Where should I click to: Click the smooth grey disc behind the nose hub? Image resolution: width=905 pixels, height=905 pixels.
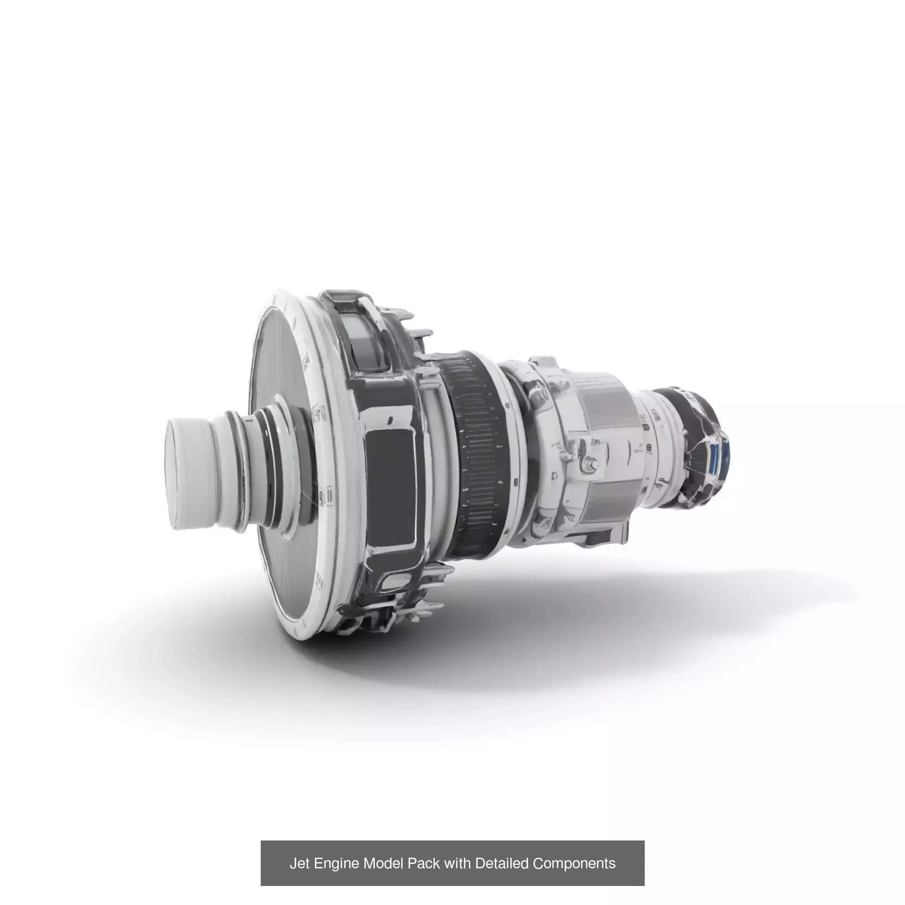[276, 356]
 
